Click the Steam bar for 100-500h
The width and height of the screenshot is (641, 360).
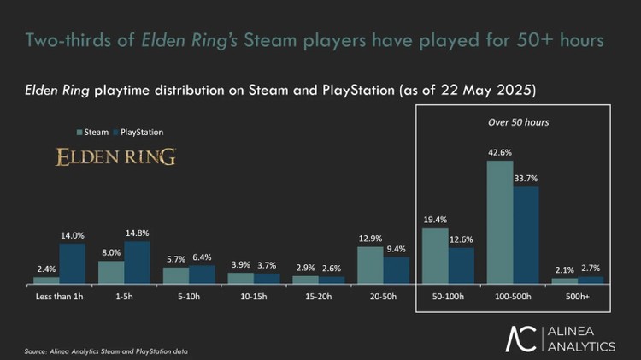click(x=500, y=221)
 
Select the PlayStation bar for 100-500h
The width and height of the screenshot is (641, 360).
click(x=526, y=235)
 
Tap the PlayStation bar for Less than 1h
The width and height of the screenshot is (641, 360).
click(x=73, y=263)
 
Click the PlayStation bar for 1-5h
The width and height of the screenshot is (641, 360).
click(x=138, y=262)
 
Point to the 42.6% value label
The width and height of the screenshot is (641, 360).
click(x=500, y=152)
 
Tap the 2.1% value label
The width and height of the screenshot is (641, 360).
click(x=564, y=270)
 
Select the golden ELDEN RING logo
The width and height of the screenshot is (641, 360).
click(x=115, y=157)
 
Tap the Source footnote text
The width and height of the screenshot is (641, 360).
click(x=105, y=351)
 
